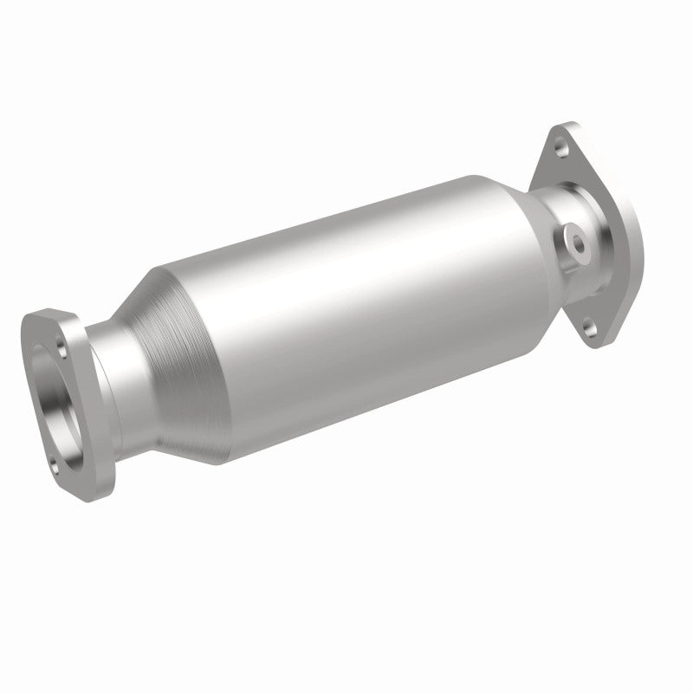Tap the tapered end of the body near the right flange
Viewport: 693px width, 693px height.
click(502, 208)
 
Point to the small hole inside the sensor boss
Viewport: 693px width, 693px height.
click(575, 236)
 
